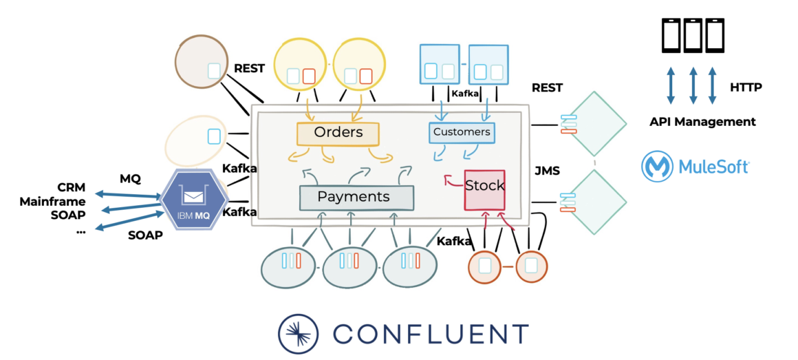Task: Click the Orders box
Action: (x=338, y=133)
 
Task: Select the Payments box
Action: (x=356, y=198)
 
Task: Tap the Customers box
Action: (x=462, y=132)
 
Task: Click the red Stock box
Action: (x=484, y=188)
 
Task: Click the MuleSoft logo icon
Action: (x=657, y=167)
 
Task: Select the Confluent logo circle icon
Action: (x=299, y=334)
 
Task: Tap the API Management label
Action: (x=702, y=122)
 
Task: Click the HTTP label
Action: (x=746, y=87)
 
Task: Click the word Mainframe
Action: (x=52, y=202)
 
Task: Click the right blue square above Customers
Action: (x=488, y=65)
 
